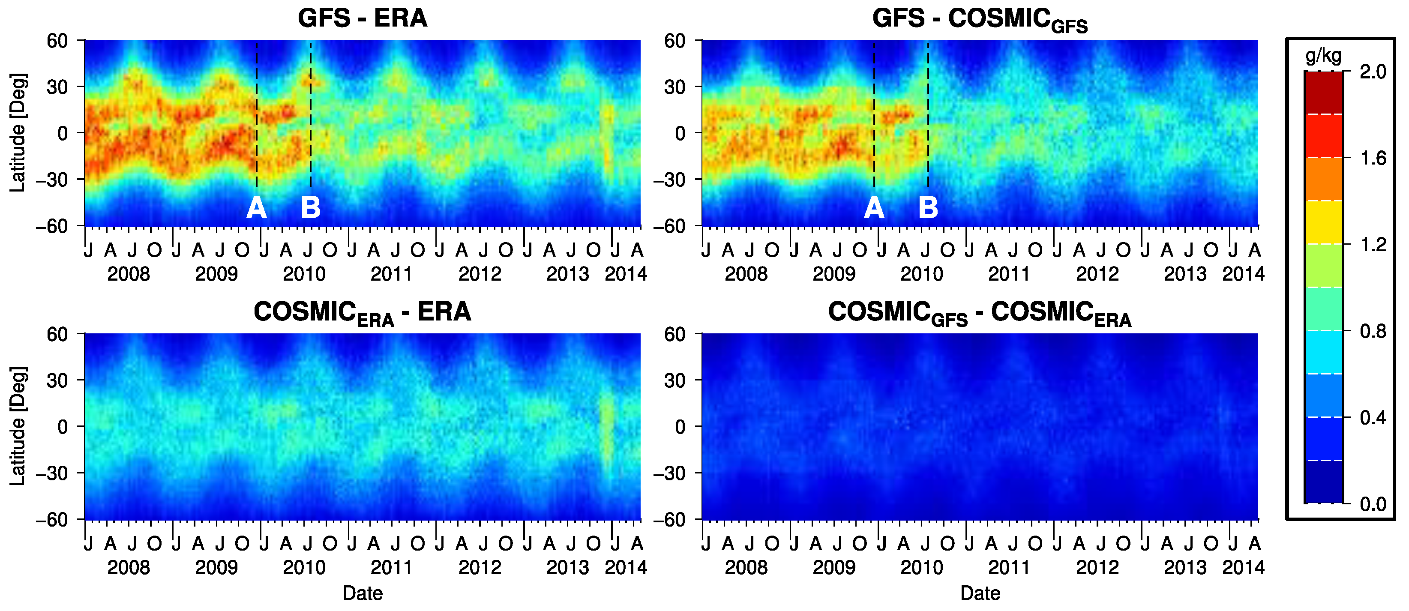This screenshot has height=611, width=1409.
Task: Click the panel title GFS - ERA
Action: (x=362, y=18)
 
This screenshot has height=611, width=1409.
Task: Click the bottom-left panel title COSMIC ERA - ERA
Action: (x=362, y=313)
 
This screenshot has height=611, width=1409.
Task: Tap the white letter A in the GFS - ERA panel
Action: (x=257, y=208)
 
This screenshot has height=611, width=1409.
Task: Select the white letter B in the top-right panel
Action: (x=928, y=208)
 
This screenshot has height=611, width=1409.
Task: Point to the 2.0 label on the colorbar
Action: (x=1373, y=72)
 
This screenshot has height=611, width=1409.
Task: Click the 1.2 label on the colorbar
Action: (x=1373, y=245)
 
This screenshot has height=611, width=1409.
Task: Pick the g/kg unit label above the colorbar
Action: (x=1323, y=56)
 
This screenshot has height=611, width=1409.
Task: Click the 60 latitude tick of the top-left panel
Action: (x=57, y=40)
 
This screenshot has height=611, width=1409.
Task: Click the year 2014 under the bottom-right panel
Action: (x=1243, y=568)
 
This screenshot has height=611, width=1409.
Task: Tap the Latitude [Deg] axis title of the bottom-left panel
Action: (x=18, y=426)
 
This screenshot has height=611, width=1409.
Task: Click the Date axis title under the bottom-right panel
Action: (x=980, y=593)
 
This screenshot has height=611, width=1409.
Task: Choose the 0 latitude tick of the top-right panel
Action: (x=680, y=133)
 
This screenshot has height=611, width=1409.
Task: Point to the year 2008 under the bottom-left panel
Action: (x=129, y=568)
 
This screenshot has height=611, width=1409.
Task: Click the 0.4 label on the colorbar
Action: (x=1373, y=418)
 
